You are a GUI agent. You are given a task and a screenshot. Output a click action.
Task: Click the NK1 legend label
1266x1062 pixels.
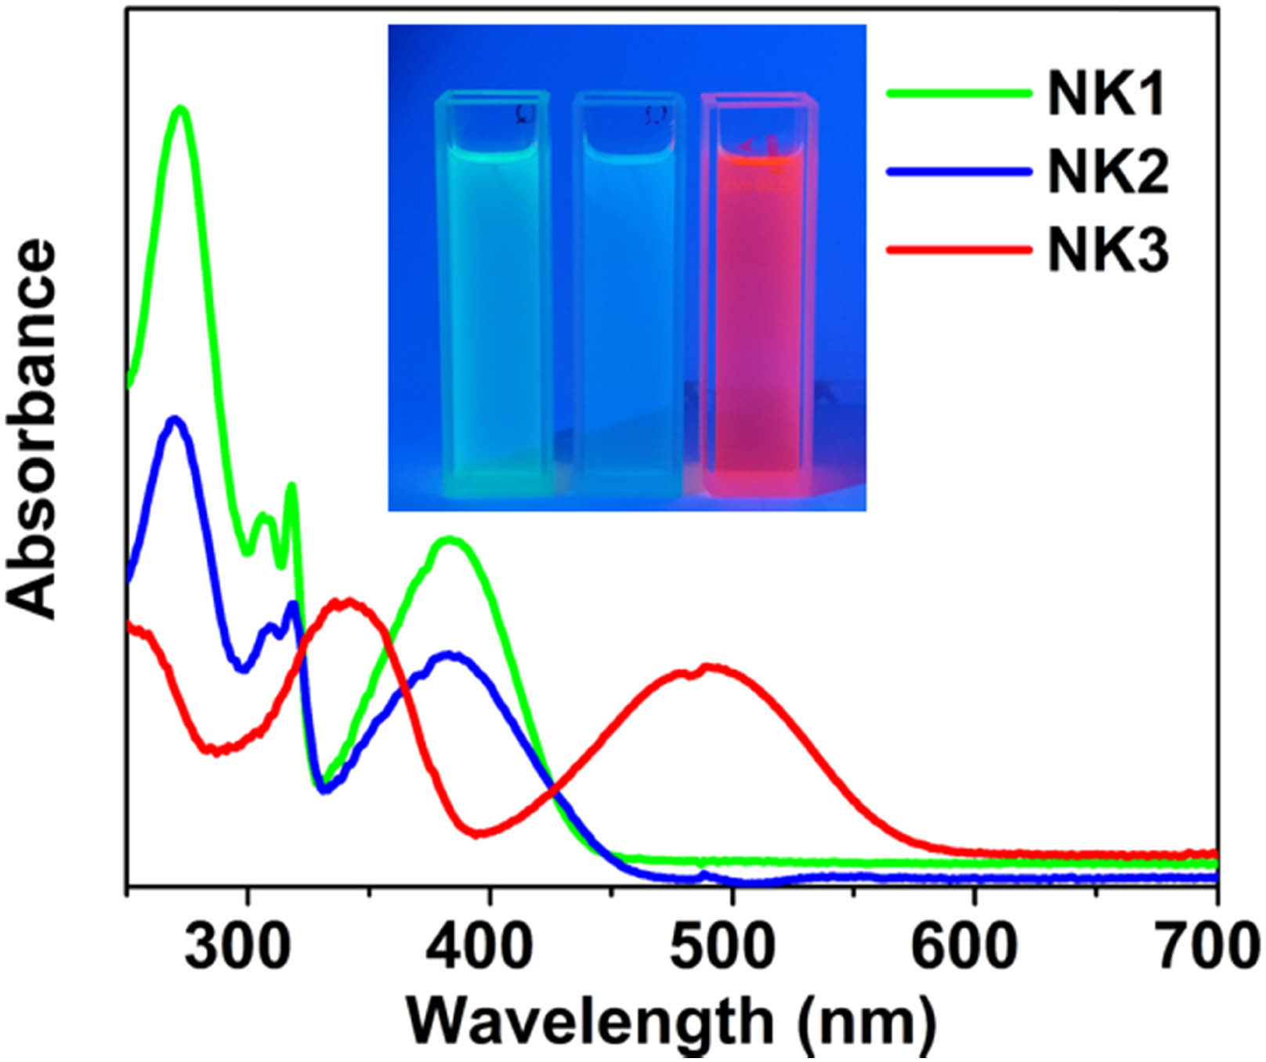coord(1107,95)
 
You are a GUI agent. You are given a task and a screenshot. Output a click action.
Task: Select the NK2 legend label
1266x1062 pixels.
coord(1107,172)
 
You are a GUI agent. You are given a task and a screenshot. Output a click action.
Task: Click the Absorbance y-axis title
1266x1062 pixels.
coord(33,427)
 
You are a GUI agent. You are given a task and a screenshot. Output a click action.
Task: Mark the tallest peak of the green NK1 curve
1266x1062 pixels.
coord(182,109)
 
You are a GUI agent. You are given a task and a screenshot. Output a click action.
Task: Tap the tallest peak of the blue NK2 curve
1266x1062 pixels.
coord(175,419)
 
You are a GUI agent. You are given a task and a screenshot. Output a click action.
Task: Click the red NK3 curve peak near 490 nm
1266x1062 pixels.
coord(709,668)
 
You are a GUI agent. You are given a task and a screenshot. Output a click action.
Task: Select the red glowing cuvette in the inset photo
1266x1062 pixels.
coord(758,298)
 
